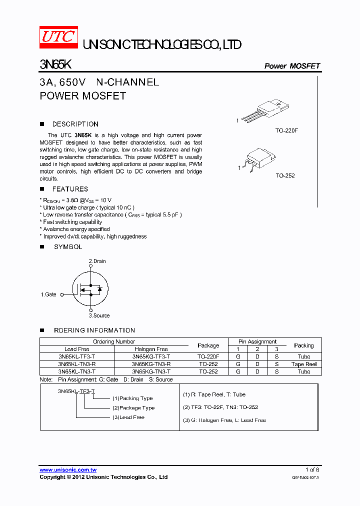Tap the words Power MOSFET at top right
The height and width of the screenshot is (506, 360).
pos(291,66)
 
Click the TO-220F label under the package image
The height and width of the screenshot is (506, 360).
pos(286,130)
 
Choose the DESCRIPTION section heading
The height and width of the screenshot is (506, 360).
pos(75,124)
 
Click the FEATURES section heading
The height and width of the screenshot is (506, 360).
pos(70,189)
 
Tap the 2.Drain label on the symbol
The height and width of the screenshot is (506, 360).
pos(97,261)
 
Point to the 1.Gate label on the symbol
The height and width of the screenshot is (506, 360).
pos(48,294)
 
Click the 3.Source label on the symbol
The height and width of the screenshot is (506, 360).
pos(99,315)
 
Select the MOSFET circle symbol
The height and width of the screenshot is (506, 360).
pos(90,289)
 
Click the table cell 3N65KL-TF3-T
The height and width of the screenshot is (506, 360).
pos(77,357)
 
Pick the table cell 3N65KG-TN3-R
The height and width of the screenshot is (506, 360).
pos(151,364)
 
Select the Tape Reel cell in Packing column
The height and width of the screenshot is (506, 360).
pos(304,364)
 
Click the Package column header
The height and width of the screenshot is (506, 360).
pos(208,345)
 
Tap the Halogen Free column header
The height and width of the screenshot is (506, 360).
pos(151,349)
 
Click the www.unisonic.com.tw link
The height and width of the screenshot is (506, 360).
pos(68,470)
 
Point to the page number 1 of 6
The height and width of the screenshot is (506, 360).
pos(312,470)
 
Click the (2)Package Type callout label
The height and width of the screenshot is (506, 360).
pos(133,408)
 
